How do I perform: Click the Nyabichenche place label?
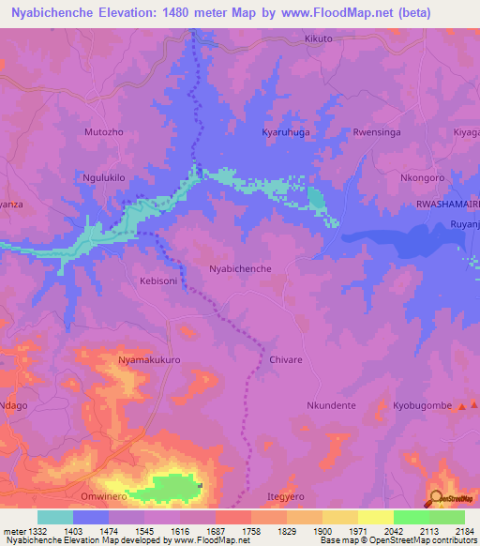pyautogui.click(x=240, y=268)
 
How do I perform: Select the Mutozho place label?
pyautogui.click(x=103, y=132)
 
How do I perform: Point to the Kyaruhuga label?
pyautogui.click(x=287, y=132)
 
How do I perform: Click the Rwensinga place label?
pyautogui.click(x=376, y=132)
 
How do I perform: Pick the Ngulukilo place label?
pyautogui.click(x=104, y=177)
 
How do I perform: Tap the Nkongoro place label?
pyautogui.click(x=422, y=177)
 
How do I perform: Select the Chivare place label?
pyautogui.click(x=286, y=359)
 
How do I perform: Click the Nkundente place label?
pyautogui.click(x=331, y=405)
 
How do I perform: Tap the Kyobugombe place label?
pyautogui.click(x=422, y=405)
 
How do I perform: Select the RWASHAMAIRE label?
pyautogui.click(x=447, y=204)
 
